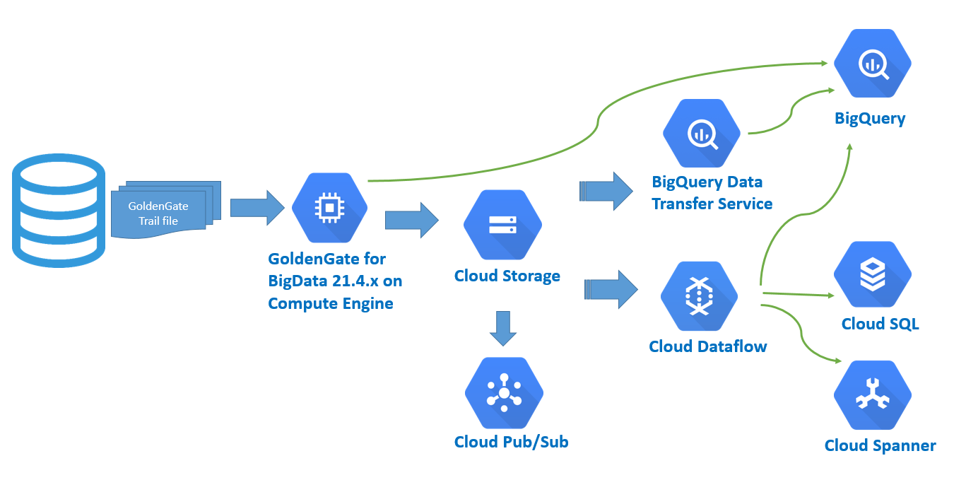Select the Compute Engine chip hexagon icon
tap(330, 206)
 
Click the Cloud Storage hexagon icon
tap(502, 225)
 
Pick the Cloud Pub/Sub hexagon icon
tap(503, 393)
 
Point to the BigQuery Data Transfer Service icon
tap(701, 134)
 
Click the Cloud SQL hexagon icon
tap(872, 275)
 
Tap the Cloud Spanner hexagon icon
tap(872, 396)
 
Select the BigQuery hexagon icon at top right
tap(872, 66)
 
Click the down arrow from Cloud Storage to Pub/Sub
tap(502, 327)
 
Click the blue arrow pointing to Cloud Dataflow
tap(611, 289)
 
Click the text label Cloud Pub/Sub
tap(511, 443)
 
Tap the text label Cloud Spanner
tap(880, 445)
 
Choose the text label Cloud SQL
tap(880, 324)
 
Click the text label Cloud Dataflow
tap(707, 346)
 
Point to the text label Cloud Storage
tap(507, 276)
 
